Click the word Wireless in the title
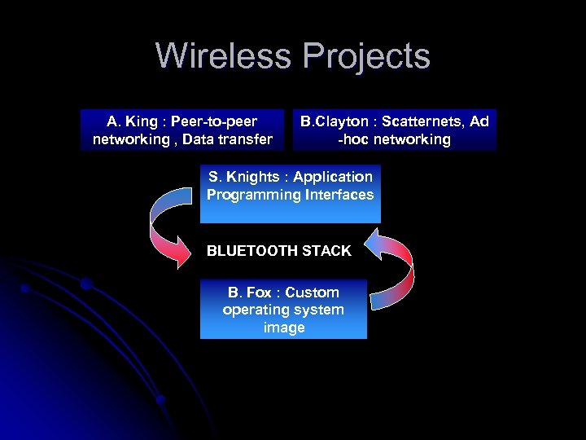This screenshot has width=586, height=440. coord(225,56)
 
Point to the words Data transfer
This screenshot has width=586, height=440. coord(227,139)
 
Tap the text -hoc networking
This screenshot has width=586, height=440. coord(395,139)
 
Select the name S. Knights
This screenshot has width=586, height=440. coord(242,177)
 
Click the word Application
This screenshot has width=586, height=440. coord(333,177)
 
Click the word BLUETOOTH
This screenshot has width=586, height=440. coord(252,251)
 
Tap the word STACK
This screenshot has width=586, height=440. coord(326,251)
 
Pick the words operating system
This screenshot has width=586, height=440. coord(283,310)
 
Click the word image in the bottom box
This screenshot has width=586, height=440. coord(284,328)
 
